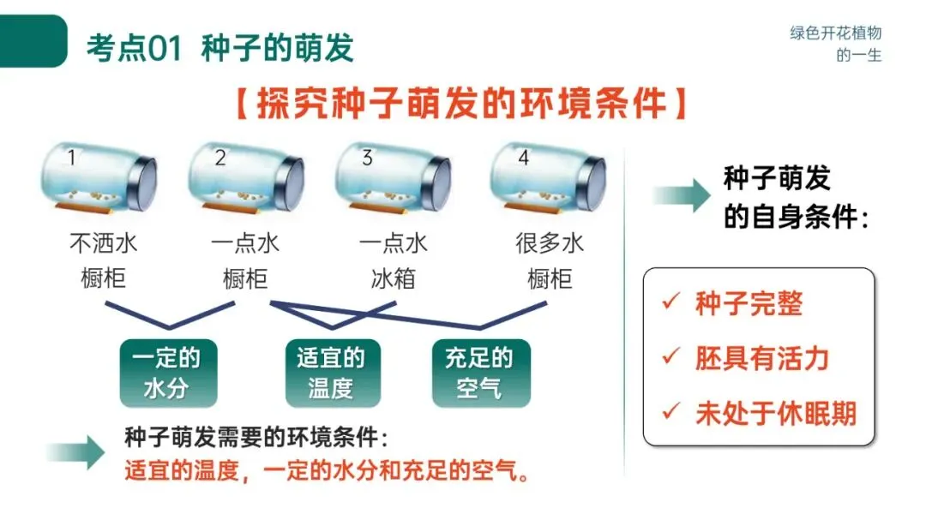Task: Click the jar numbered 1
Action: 99,179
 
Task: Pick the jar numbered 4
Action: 548,179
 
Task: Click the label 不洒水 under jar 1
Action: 103,243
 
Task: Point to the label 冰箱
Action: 394,278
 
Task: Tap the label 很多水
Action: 550,243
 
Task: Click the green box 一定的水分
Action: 168,374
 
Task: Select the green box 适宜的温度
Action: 332,374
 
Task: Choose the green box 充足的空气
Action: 481,374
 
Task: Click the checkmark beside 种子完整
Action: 670,303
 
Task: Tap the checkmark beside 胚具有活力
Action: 670,357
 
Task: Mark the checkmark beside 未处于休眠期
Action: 670,412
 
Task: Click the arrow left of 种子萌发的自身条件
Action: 681,196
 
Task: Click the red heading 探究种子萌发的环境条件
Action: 460,103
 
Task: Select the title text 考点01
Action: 134,48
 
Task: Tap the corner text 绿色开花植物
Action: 835,33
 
